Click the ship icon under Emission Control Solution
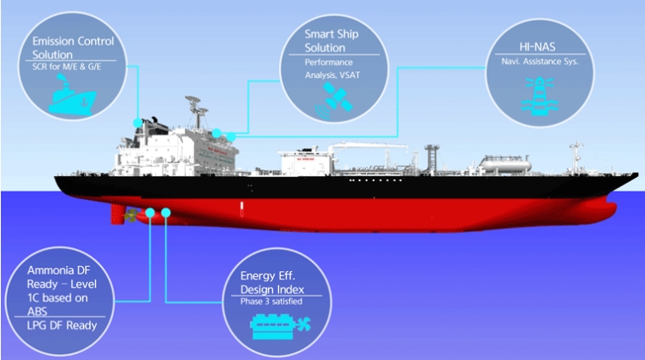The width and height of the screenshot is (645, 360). (x=72, y=96)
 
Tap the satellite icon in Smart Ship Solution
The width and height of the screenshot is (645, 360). (x=334, y=100)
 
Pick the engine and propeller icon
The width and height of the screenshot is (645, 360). (x=281, y=326)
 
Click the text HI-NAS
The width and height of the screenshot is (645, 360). (x=537, y=47)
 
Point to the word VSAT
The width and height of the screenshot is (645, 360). (x=350, y=75)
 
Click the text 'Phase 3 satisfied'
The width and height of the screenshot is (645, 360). (x=271, y=302)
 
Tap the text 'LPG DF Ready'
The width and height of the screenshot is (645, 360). (x=62, y=325)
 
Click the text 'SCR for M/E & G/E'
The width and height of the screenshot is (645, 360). (x=67, y=67)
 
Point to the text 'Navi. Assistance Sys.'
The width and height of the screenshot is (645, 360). (x=540, y=62)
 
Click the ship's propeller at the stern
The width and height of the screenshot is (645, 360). (x=131, y=215)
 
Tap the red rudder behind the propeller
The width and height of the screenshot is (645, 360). (x=117, y=214)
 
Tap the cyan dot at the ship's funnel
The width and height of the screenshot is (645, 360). (x=138, y=123)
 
